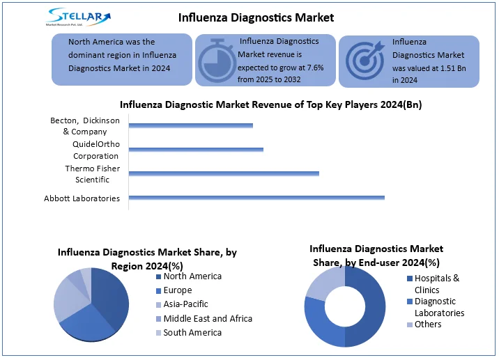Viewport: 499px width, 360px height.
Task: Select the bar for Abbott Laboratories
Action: (256, 198)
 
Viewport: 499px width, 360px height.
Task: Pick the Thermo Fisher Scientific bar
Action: (224, 173)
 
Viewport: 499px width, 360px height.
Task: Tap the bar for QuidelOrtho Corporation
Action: (196, 149)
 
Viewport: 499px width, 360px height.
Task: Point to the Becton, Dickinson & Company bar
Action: (190, 125)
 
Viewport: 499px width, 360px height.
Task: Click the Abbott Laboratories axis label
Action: (82, 198)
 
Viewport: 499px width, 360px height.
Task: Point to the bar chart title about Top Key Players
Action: (270, 105)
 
